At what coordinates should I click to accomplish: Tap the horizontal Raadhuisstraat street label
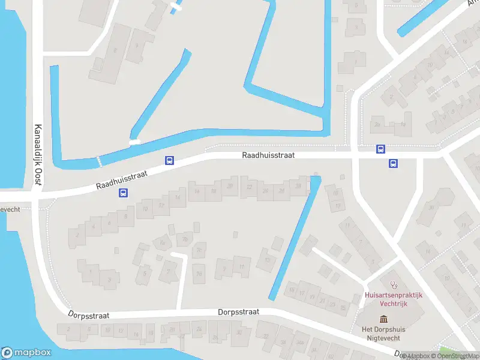(x=268, y=155)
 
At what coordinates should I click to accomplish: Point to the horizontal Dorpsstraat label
(x=238, y=312)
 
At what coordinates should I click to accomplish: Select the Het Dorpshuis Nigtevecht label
(x=384, y=333)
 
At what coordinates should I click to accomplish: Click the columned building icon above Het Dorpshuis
(x=384, y=318)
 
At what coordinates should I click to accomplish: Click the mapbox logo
(x=26, y=353)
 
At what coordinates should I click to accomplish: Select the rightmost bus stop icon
(x=394, y=163)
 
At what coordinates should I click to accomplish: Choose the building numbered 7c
(x=199, y=250)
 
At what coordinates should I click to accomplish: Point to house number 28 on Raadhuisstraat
(x=298, y=185)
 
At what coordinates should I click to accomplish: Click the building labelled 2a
(x=377, y=124)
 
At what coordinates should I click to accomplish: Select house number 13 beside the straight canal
(x=266, y=259)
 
